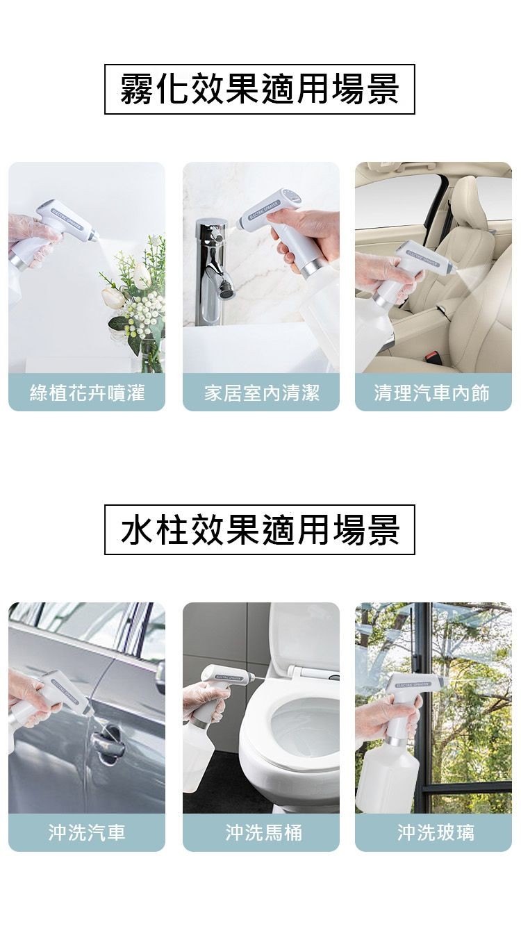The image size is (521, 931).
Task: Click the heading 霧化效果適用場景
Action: tap(260, 89)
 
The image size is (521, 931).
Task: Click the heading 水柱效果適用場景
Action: tap(260, 529)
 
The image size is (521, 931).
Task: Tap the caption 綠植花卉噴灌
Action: tap(87, 393)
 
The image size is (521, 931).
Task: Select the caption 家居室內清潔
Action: tap(261, 393)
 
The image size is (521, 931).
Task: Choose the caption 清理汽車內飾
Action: tap(433, 393)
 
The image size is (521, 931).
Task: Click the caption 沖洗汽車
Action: tap(87, 832)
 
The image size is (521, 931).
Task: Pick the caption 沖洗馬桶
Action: tap(261, 832)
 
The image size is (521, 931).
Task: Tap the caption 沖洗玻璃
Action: tap(433, 832)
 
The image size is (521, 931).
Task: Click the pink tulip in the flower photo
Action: tap(113, 297)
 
